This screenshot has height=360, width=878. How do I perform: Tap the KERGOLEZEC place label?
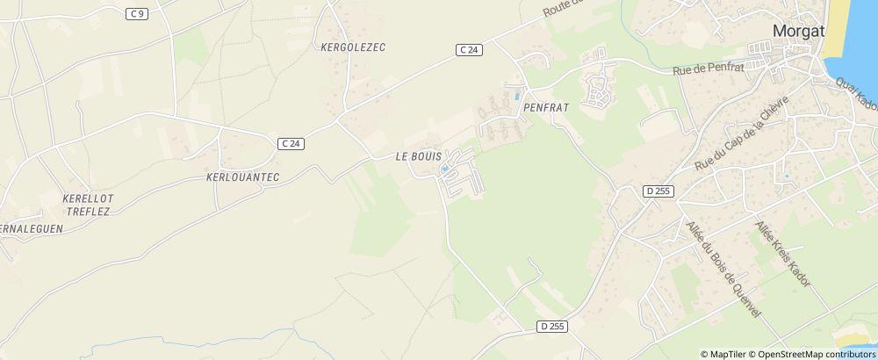354,47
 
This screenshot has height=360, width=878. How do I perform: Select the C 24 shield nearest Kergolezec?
469,50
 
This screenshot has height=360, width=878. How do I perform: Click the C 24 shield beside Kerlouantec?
291,144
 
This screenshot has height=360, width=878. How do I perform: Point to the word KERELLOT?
88,198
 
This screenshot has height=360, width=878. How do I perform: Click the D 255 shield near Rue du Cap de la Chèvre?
656,191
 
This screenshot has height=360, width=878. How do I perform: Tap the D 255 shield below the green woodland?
552,327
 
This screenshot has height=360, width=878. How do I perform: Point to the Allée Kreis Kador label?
781,254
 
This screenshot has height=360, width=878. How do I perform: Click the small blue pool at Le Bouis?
445,169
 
